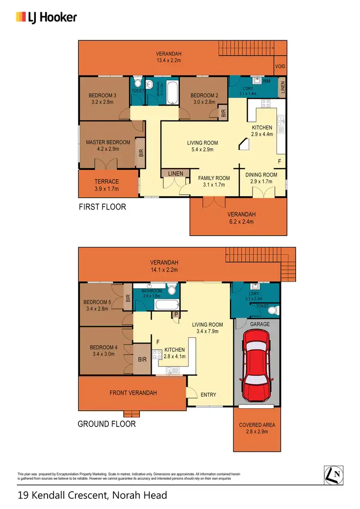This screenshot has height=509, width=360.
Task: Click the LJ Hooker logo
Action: click(47, 17)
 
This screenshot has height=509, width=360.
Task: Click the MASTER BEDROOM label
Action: click(108, 142)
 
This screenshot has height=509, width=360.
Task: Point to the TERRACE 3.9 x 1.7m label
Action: click(106, 185)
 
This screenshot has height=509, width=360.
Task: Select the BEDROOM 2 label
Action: click(204, 95)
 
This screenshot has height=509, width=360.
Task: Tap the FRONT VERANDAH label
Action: click(133, 393)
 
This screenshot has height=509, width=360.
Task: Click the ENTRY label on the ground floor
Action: click(208, 395)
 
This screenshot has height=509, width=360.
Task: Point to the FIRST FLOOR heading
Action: click(102, 207)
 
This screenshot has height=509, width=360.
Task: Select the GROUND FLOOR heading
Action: click(107, 424)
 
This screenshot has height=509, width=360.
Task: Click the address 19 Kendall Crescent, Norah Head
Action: click(92, 495)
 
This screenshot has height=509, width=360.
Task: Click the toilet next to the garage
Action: click(272, 311)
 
